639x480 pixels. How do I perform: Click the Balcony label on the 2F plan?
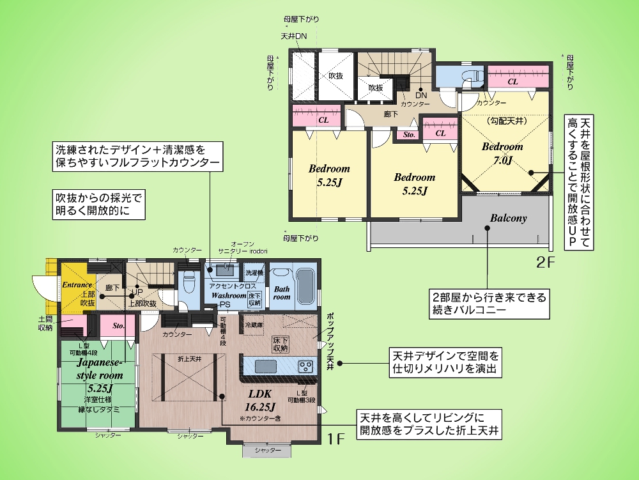(509, 218)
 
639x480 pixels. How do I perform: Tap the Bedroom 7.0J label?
(502, 153)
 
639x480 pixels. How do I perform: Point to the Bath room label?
(282, 293)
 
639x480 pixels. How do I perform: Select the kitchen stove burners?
(306, 367)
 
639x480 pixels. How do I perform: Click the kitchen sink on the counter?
(263, 366)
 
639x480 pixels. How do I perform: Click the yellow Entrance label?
(77, 284)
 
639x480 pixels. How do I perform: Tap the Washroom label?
(229, 296)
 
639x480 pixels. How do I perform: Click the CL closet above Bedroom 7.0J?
(512, 81)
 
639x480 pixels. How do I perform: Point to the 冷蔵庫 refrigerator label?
(254, 325)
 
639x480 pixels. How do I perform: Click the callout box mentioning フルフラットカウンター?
(138, 157)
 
